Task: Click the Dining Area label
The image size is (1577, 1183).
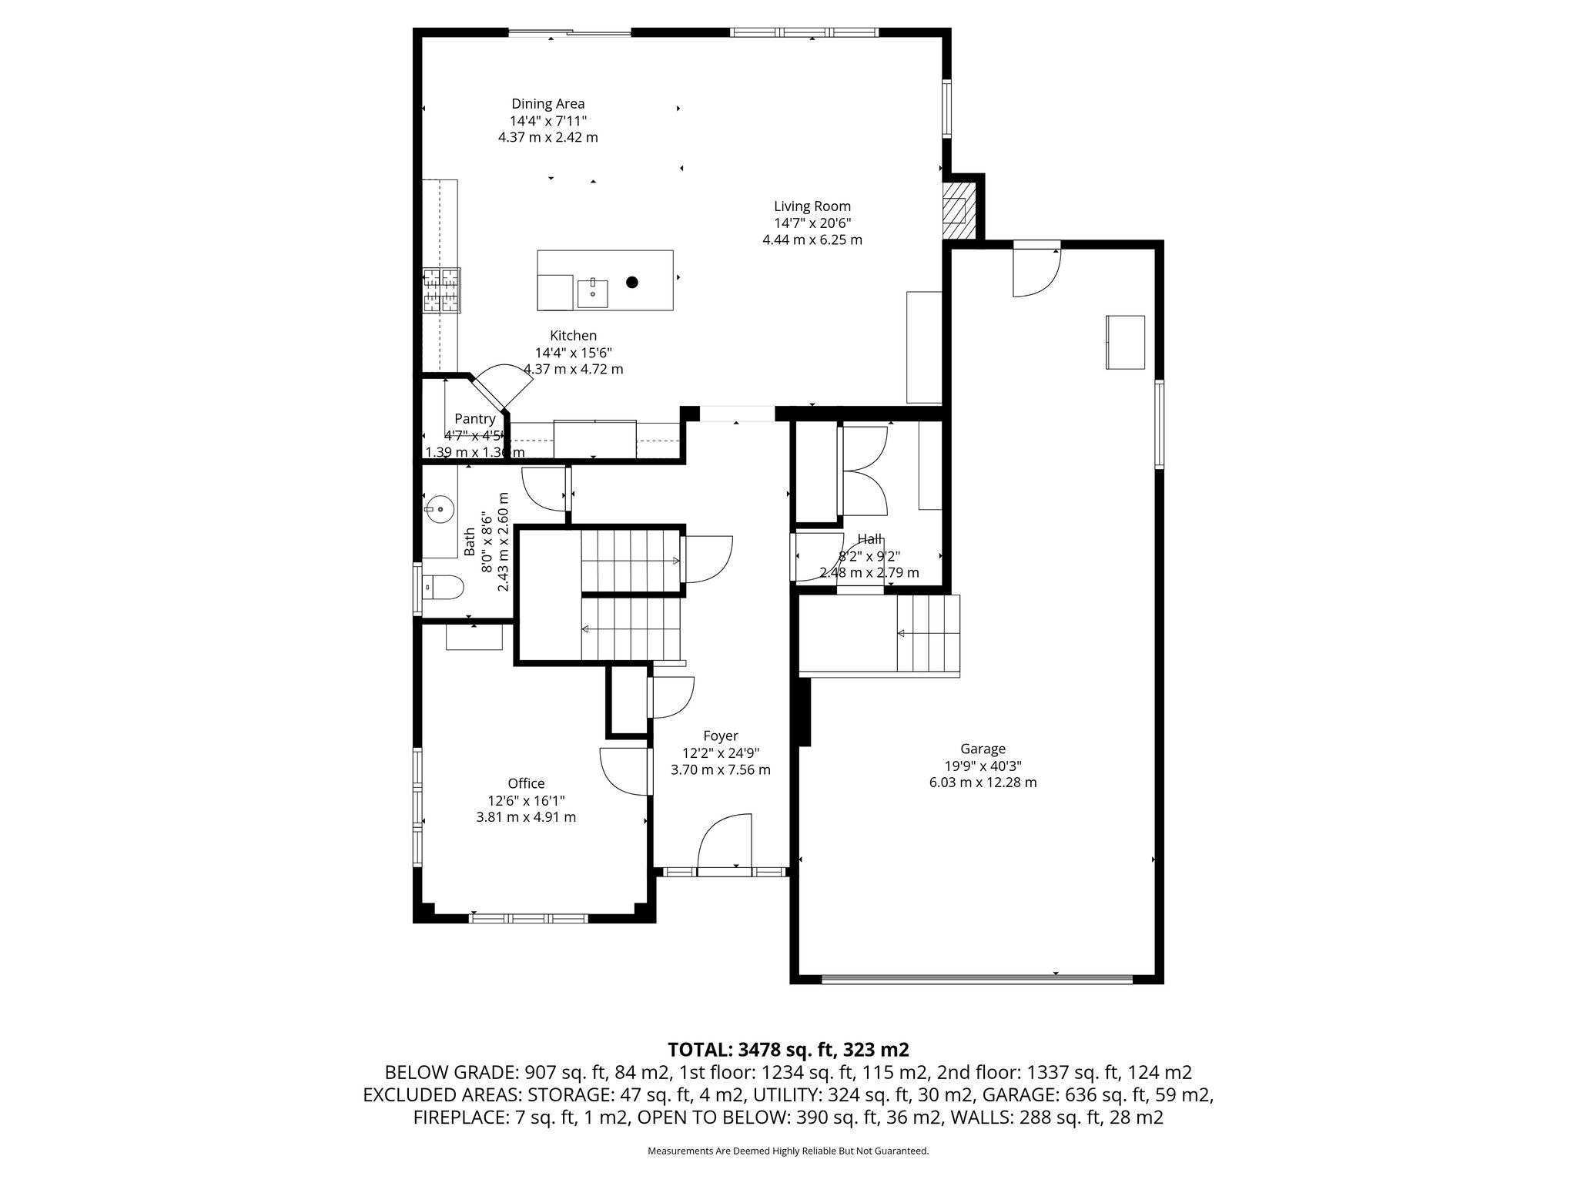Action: click(x=547, y=104)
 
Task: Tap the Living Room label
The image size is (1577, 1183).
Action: click(x=812, y=206)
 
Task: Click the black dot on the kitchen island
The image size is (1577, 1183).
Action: click(x=631, y=283)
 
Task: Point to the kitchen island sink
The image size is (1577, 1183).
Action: click(x=593, y=293)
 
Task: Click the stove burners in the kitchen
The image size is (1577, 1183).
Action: click(x=440, y=290)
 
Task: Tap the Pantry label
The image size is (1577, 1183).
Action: click(x=474, y=419)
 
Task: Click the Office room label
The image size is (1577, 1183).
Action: click(x=526, y=784)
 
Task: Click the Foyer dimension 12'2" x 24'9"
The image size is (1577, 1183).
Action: click(x=721, y=753)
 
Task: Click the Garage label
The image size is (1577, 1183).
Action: click(x=983, y=749)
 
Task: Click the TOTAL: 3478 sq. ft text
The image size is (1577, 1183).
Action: click(x=788, y=1049)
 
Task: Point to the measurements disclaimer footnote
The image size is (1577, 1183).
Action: click(x=788, y=1151)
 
